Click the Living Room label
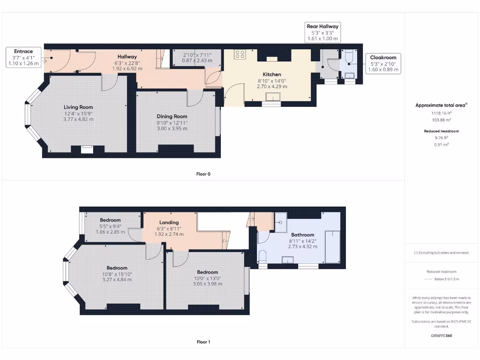tap(78, 107)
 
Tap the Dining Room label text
tap(172, 116)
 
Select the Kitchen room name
tap(272, 75)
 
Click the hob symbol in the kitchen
tap(240, 54)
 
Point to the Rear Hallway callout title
tap(322, 26)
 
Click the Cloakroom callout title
tap(383, 58)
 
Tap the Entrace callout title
tap(23, 52)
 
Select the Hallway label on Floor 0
tap(127, 57)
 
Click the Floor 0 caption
tap(203, 174)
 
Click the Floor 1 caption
tap(203, 342)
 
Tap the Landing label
tap(169, 223)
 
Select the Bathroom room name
tap(303, 235)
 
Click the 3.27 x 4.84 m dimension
tap(117, 279)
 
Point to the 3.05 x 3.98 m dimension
tap(208, 284)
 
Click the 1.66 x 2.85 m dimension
tap(110, 232)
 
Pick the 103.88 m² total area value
tap(442, 120)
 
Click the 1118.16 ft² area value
tap(442, 113)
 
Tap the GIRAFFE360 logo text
tap(442, 336)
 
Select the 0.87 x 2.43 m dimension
tap(197, 60)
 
